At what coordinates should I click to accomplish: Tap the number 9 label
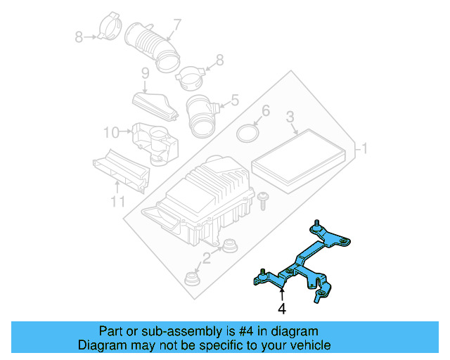(145, 73)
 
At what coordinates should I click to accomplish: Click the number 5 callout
(234, 101)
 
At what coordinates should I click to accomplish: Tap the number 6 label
(265, 111)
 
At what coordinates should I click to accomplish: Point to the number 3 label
(290, 117)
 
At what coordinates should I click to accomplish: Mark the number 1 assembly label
(364, 150)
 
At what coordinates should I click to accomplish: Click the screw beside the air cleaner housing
(263, 200)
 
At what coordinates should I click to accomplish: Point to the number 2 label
(206, 258)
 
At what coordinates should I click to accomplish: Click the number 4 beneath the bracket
(281, 308)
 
